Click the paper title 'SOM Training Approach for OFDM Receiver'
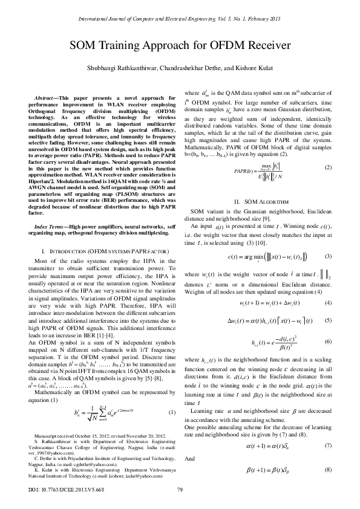180,45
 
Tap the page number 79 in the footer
180,489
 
